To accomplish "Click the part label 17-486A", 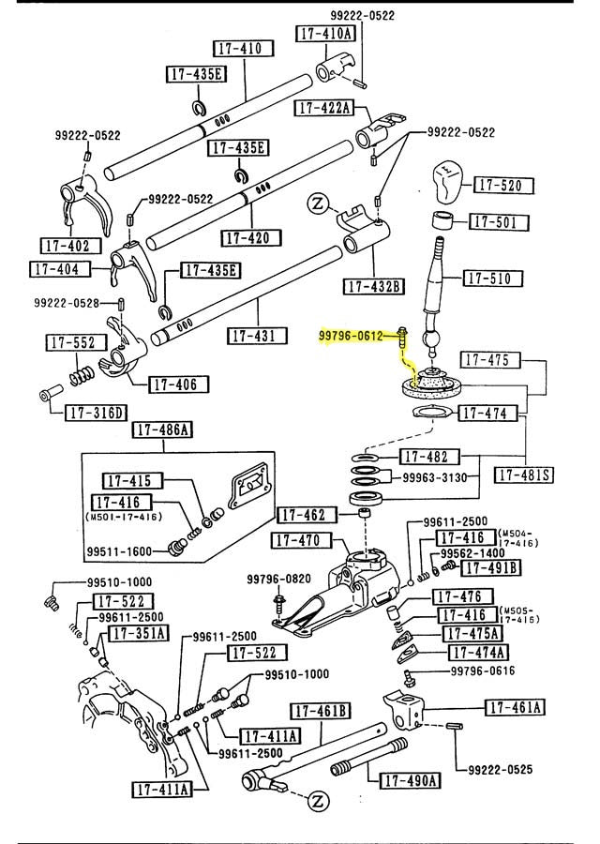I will [162, 430].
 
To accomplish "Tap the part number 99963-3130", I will [434, 476].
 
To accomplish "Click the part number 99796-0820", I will [278, 579].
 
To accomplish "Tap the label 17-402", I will [66, 246].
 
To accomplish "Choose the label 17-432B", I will [372, 285].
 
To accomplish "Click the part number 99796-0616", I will [483, 671].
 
